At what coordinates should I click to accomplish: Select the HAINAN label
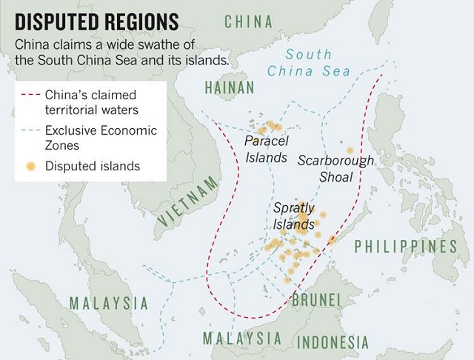pyautogui.click(x=230, y=88)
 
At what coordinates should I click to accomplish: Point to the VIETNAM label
pyautogui.click(x=189, y=202)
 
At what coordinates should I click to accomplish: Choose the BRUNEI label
pyautogui.click(x=316, y=300)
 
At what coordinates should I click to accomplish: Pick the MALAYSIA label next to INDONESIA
pyautogui.click(x=243, y=339)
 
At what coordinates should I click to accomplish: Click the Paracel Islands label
pyautogui.click(x=266, y=148)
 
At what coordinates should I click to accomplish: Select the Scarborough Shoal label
pyautogui.click(x=336, y=168)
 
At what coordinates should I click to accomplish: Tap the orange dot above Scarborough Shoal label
pyautogui.click(x=350, y=150)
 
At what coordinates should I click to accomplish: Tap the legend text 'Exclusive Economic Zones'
pyautogui.click(x=101, y=138)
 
